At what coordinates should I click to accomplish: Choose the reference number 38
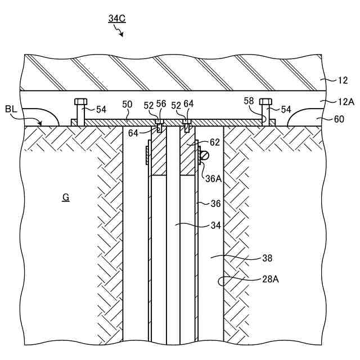267,258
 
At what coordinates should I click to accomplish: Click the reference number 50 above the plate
127,105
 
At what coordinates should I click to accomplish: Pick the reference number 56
161,105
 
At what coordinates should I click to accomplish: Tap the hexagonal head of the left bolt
80,102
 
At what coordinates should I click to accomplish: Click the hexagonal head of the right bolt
265,102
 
